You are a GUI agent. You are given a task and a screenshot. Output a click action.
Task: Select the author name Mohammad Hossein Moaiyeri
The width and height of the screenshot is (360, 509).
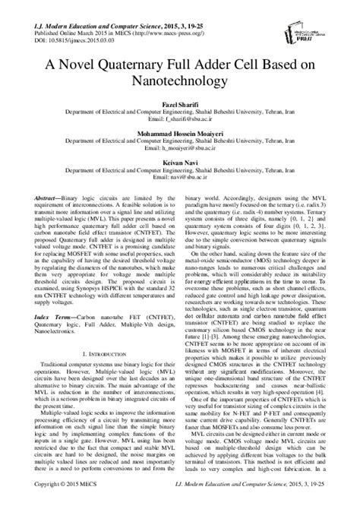(179, 132)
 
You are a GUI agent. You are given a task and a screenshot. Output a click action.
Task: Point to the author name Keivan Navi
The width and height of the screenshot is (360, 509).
(179, 163)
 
